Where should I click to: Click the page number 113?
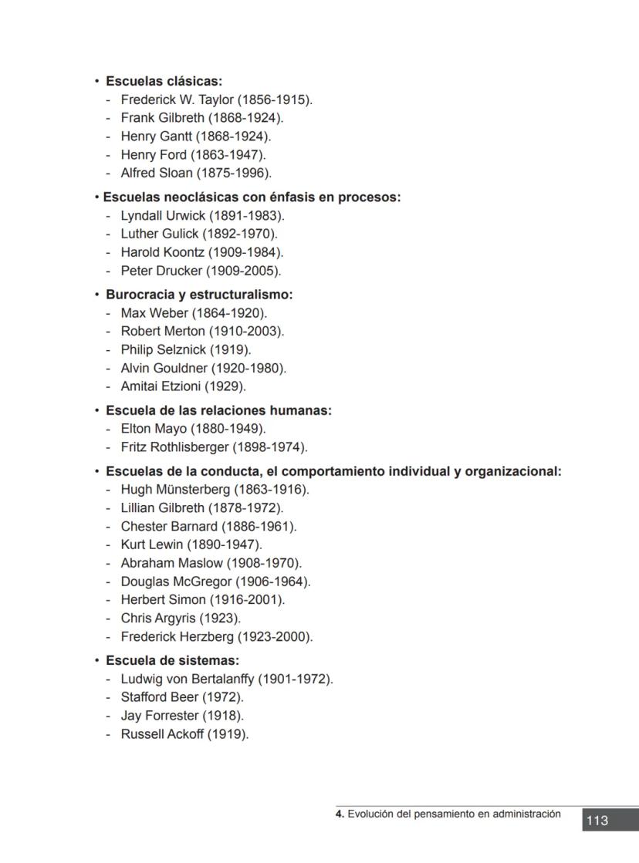pos(597,821)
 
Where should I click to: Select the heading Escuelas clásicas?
pos(164,81)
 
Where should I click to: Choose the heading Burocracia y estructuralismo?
pos(199,295)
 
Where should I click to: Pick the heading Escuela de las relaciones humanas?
pos(218,410)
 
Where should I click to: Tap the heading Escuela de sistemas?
pos(172,660)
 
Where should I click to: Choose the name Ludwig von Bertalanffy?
pos(188,679)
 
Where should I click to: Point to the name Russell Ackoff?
pos(162,734)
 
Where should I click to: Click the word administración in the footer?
pos(524,814)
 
